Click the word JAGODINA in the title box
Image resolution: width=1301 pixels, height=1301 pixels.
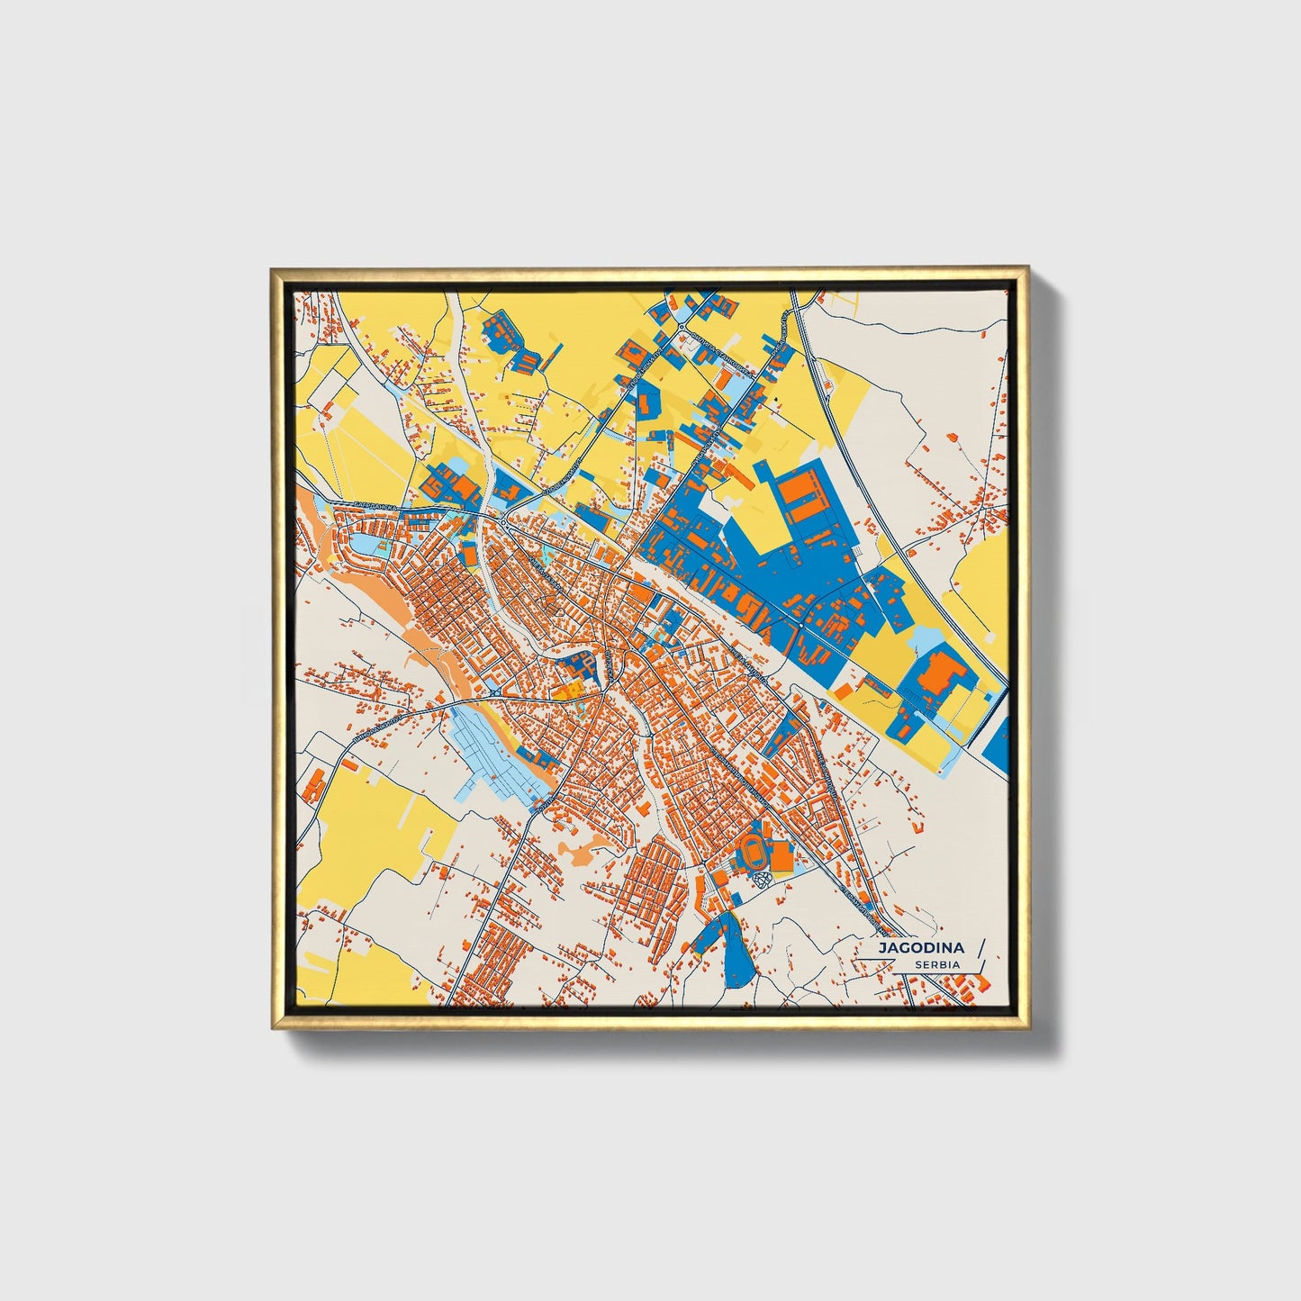click(921, 948)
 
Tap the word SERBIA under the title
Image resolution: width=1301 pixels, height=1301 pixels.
click(936, 965)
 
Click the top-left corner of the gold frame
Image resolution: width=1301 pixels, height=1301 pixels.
click(272, 269)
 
